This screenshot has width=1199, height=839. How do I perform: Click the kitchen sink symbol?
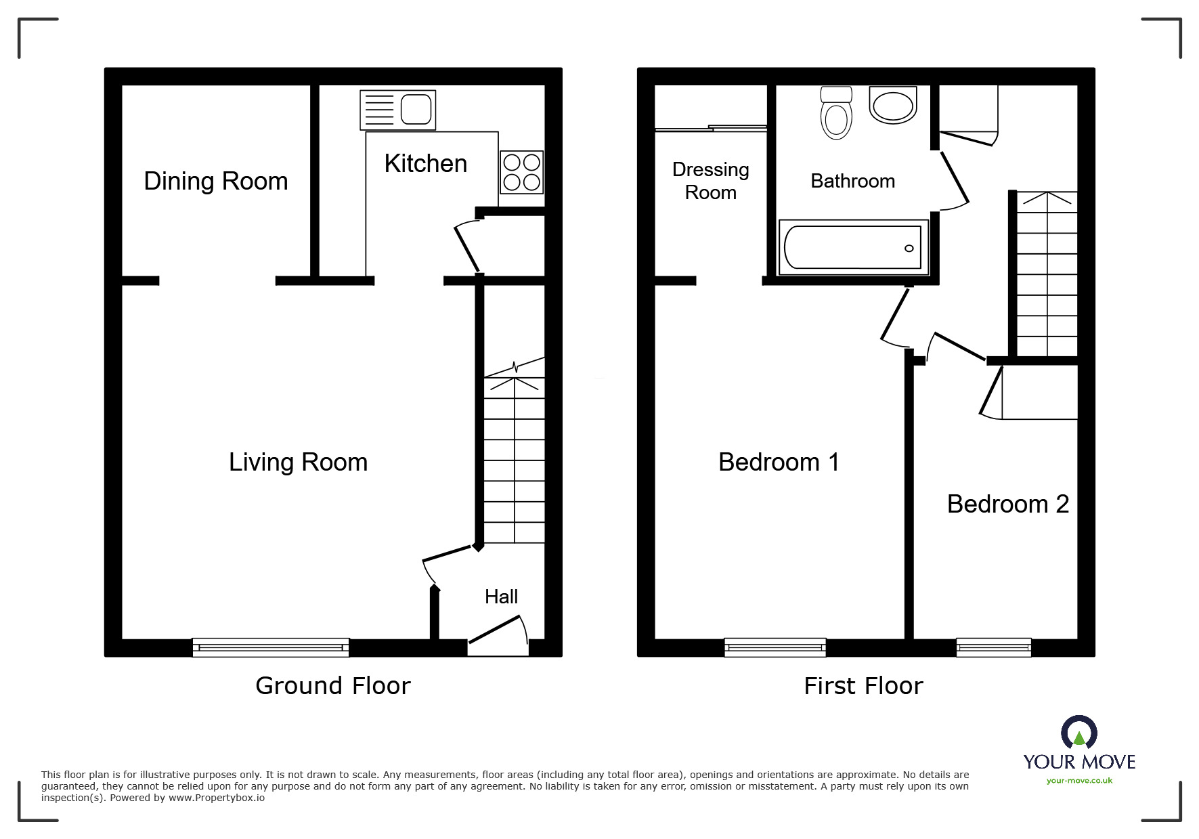point(397,110)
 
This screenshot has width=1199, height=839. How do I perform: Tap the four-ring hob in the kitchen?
point(521,172)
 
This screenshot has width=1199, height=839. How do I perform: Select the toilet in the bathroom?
point(836,112)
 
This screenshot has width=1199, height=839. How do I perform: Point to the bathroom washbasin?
point(893,105)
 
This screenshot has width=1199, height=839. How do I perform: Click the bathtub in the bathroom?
point(853,247)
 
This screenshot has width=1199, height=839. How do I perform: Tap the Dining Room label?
point(216,181)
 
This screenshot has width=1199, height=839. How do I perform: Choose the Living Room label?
point(298,462)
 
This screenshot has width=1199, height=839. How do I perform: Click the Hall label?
point(501,597)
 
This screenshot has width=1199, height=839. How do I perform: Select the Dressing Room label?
point(711,181)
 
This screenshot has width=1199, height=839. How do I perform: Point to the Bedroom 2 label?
point(1008,504)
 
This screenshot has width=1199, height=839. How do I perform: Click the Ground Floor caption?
point(333,686)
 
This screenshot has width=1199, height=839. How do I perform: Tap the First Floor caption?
point(863,686)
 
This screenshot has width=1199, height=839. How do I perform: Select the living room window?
point(271,647)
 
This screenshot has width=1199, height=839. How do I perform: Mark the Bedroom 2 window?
point(994,647)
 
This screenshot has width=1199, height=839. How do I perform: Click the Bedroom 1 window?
point(775,647)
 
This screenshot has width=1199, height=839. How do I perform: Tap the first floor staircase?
point(1047,274)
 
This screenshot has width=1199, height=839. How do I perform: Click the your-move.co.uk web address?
point(1079,781)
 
